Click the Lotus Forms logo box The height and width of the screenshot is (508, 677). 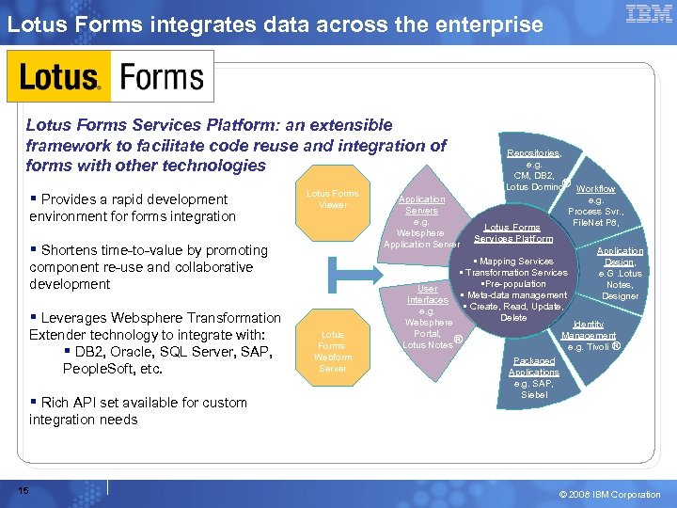tap(111, 76)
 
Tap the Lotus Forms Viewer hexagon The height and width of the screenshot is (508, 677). tap(333, 199)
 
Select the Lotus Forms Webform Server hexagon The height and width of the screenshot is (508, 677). tap(333, 351)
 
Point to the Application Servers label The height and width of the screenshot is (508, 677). tap(421, 205)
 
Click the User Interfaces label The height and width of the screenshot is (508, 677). tap(427, 294)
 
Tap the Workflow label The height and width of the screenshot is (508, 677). tap(595, 189)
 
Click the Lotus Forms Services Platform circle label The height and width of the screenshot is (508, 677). tap(512, 232)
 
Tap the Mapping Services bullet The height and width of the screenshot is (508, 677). tap(515, 262)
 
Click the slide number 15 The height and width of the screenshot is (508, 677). tap(23, 489)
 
